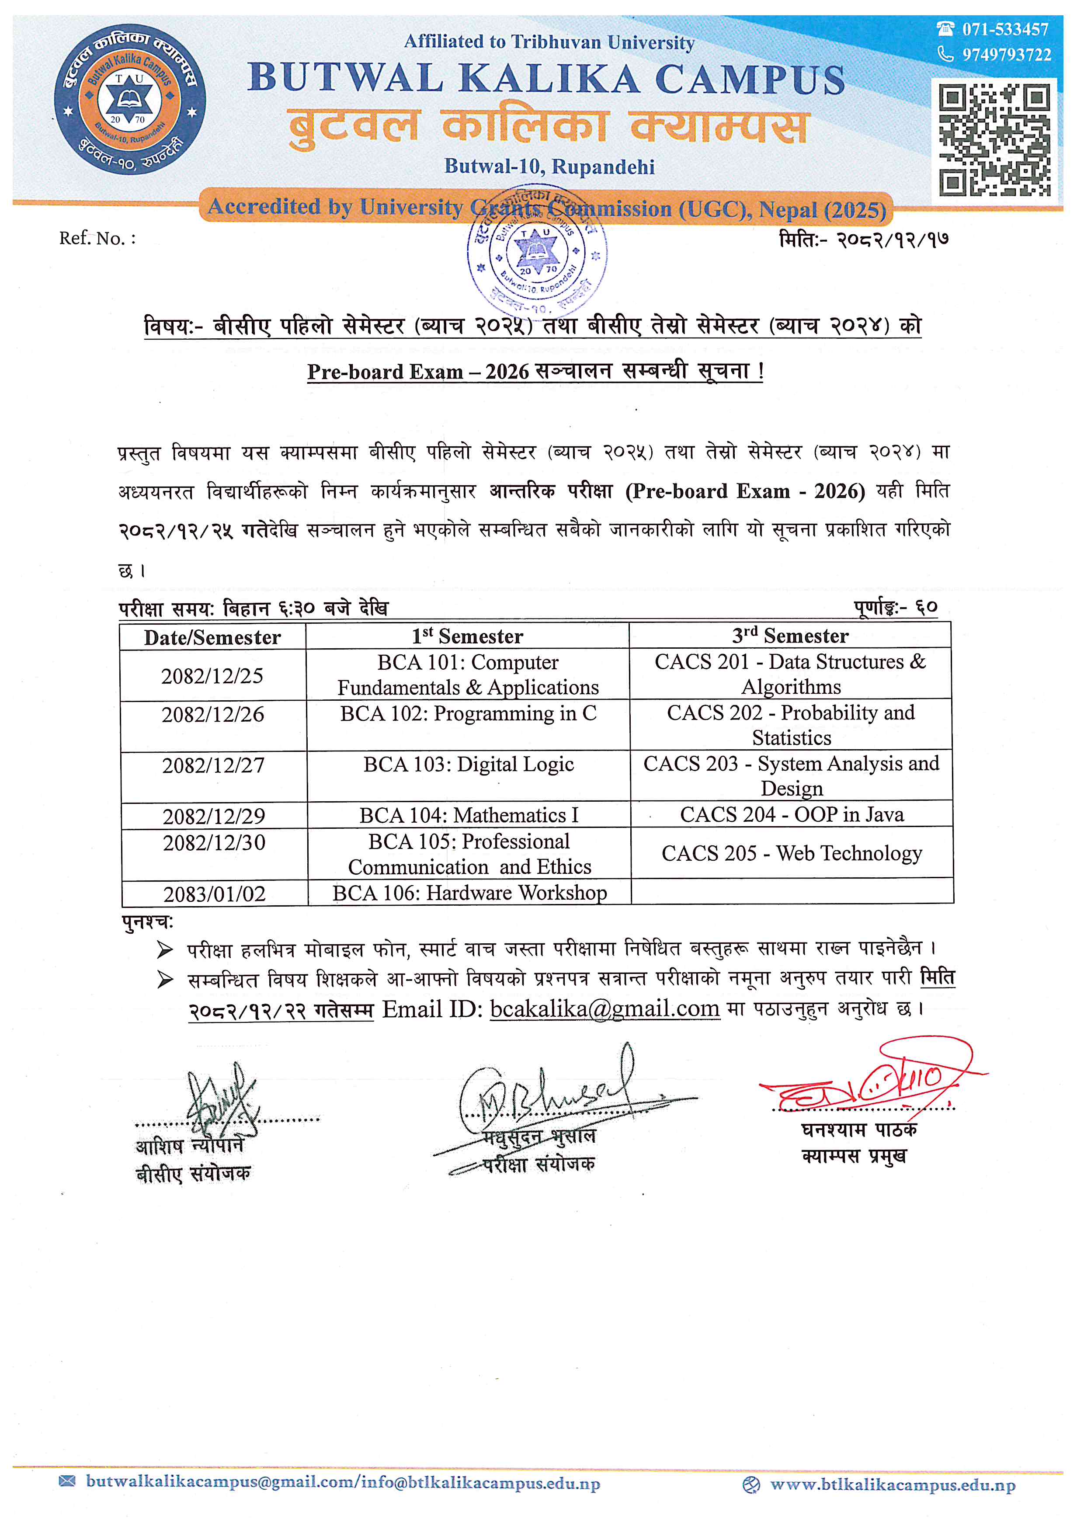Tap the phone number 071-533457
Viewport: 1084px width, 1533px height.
pyautogui.click(x=1004, y=29)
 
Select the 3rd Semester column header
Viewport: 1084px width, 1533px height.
pyautogui.click(x=790, y=636)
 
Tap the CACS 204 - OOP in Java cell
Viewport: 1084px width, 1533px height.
pyautogui.click(x=792, y=814)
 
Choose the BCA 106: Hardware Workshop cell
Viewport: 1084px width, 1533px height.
pyautogui.click(x=469, y=893)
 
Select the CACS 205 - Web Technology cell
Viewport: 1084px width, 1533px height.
pyautogui.click(x=792, y=853)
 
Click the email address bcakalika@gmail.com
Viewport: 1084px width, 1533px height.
pyautogui.click(x=605, y=1008)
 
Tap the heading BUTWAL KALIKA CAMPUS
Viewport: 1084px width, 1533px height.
pyautogui.click(x=546, y=79)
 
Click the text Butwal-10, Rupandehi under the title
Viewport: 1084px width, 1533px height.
pyautogui.click(x=549, y=166)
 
